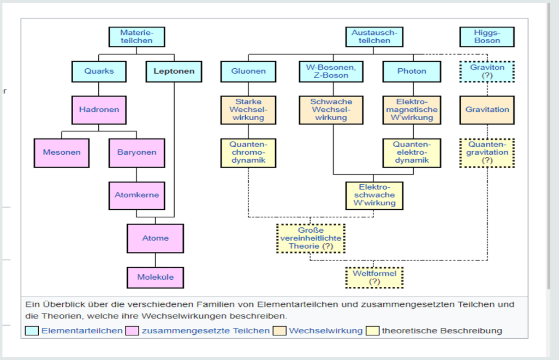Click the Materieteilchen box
click(136, 37)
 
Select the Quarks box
click(99, 72)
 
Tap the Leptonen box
click(174, 72)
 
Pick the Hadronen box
click(99, 110)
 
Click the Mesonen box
click(62, 152)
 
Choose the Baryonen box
click(136, 152)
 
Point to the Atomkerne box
click(136, 195)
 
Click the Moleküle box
click(155, 278)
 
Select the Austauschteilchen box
click(374, 37)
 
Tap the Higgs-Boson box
click(487, 37)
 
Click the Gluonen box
click(248, 72)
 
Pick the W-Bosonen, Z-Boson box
click(331, 72)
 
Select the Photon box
click(412, 72)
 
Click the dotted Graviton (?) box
click(487, 72)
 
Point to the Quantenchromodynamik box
click(248, 152)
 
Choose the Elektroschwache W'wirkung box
click(374, 195)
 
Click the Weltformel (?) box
click(374, 278)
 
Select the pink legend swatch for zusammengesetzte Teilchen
click(132, 331)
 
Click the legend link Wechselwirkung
click(325, 331)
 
